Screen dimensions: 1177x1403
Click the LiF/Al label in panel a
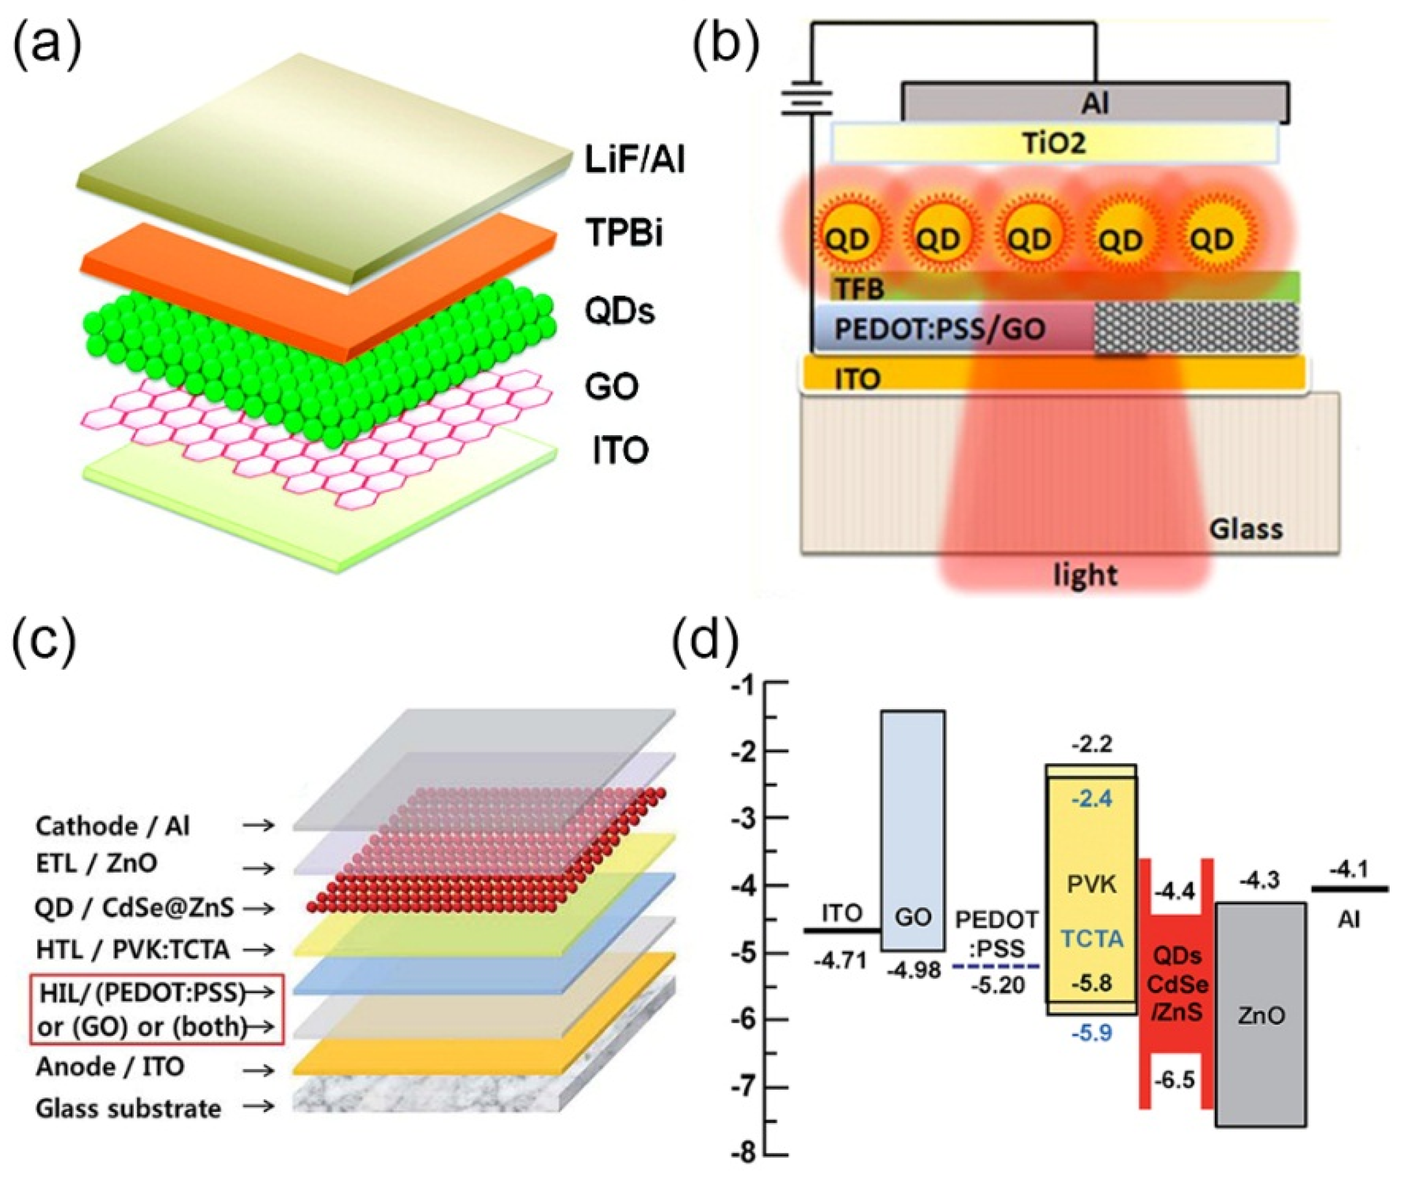(x=634, y=162)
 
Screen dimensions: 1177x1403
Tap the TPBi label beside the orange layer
(x=624, y=234)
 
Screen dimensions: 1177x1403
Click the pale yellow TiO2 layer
(x=1054, y=143)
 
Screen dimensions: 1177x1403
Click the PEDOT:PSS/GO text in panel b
(x=939, y=329)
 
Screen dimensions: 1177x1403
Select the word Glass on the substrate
(x=1246, y=529)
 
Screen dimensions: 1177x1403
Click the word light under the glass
(x=1085, y=575)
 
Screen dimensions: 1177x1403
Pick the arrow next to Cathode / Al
(x=259, y=826)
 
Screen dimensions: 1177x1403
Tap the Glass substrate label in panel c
(x=128, y=1108)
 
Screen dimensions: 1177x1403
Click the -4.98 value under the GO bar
(x=913, y=971)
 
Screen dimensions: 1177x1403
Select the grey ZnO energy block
(x=1261, y=1015)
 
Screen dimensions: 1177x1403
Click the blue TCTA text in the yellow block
(x=1092, y=939)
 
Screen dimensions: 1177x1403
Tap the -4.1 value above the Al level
(x=1348, y=870)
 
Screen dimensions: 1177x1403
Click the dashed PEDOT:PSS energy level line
(x=996, y=966)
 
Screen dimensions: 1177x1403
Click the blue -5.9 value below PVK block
(x=1092, y=1033)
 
